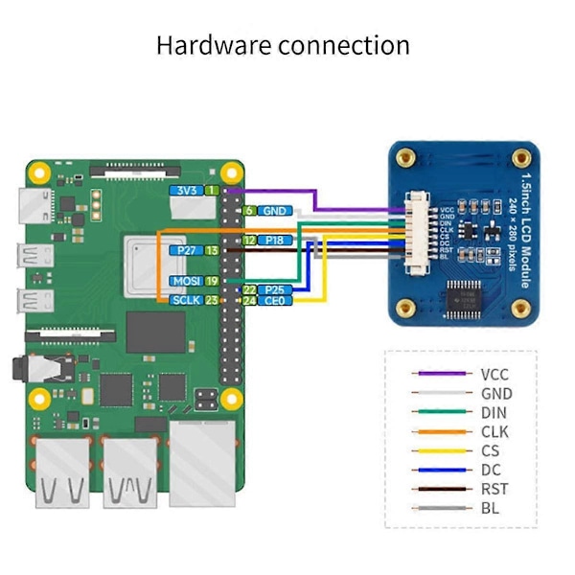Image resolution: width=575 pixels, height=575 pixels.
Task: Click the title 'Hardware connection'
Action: [283, 45]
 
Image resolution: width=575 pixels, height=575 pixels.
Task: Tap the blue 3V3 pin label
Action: [185, 192]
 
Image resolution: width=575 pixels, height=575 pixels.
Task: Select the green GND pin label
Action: [276, 211]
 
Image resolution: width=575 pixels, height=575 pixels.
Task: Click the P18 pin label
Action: [276, 241]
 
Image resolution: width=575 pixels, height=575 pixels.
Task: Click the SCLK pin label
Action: [183, 300]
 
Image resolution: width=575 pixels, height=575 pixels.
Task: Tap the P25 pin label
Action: [276, 289]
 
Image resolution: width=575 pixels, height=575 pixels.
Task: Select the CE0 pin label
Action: [276, 301]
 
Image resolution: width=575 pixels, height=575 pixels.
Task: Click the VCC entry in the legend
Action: [494, 375]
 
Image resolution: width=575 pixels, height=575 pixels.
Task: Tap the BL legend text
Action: [491, 508]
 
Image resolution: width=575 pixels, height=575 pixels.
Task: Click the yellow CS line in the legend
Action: [440, 450]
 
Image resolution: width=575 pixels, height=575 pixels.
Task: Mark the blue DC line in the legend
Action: [440, 470]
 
